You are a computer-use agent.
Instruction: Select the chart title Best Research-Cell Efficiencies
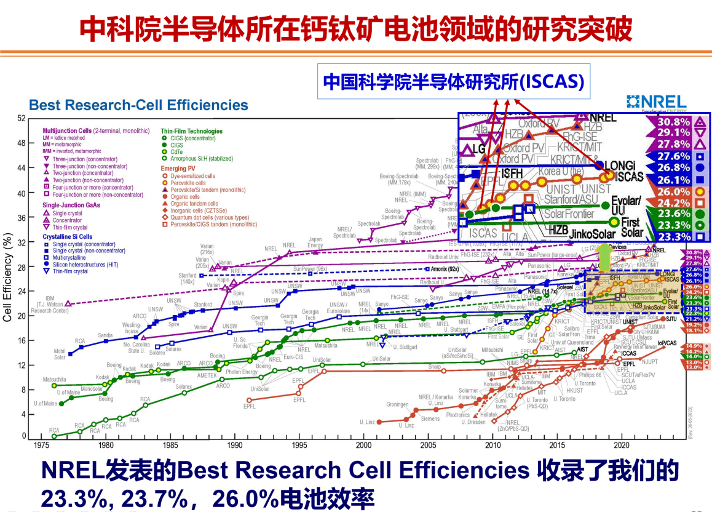coord(138,105)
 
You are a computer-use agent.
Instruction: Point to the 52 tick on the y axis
coord(21,118)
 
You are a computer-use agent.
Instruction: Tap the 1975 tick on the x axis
coord(41,444)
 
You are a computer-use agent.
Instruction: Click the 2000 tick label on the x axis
coord(363,444)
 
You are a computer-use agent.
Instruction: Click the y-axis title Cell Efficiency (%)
coord(8,277)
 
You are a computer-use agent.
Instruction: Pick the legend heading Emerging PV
coord(178,168)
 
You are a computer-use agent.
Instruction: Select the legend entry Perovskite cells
coord(188,183)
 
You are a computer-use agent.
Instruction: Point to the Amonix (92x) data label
coord(446,269)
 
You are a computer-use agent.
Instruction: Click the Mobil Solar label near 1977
coord(60,354)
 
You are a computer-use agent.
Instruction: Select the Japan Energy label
coord(315,242)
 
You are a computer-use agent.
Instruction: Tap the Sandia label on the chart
coord(105,335)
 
